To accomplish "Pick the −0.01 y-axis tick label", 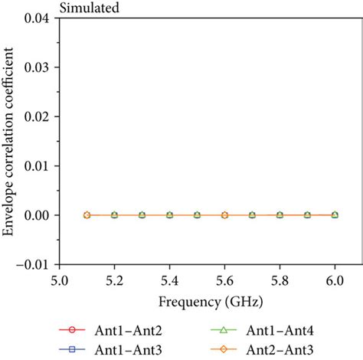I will tap(36, 264).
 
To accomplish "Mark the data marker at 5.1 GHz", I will tap(87, 215).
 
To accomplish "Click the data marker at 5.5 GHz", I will tap(197, 215).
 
